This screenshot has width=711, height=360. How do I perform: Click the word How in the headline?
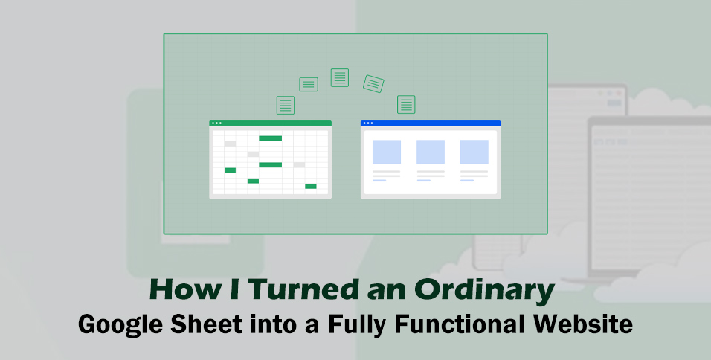coord(178,290)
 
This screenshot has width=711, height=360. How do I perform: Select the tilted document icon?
coord(373,83)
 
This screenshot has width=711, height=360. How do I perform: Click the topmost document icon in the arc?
coord(340,77)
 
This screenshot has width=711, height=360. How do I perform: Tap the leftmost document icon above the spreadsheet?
coord(285,105)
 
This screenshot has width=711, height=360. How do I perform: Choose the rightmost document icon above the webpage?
coord(406,104)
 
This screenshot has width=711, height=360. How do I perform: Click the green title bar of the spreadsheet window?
coord(271,123)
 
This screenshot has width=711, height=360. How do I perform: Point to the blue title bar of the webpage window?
coord(431,123)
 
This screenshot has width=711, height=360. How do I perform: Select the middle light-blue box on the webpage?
coord(431,152)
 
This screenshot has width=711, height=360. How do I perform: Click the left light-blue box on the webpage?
coord(387,152)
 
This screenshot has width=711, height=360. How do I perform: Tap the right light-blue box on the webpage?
coord(474,152)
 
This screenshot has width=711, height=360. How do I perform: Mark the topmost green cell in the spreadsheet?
coord(270,138)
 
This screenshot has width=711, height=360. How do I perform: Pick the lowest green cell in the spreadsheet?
coord(311,186)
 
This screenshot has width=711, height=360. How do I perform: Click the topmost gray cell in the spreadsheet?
coord(230,144)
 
